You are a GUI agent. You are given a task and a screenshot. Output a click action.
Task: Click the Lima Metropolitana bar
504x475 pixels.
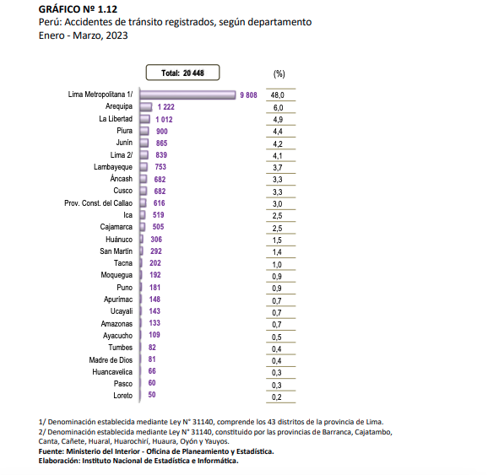187,94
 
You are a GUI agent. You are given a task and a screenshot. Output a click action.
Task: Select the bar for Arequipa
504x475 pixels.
146,107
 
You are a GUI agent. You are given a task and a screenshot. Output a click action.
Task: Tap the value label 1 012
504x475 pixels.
165,120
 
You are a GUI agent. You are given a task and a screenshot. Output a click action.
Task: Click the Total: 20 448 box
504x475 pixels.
182,73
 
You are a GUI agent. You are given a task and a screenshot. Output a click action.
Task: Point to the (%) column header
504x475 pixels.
279,74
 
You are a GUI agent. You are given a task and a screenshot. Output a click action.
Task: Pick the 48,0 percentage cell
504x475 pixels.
278,95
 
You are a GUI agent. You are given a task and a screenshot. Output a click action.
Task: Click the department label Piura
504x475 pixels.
125,131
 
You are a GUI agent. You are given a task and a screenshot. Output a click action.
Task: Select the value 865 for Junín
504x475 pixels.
162,143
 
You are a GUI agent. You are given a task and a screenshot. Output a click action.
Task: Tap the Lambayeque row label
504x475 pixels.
113,167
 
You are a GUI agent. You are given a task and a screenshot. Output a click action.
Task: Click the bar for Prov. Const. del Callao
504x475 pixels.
143,203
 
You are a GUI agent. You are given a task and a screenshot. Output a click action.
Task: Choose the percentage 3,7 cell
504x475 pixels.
278,168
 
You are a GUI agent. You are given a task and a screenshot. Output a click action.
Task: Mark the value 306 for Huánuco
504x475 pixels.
156,240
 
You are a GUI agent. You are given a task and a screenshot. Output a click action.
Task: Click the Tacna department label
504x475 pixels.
123,263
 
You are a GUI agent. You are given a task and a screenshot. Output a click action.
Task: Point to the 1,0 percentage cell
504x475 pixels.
277,265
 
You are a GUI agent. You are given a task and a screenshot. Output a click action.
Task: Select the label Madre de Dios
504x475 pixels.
111,359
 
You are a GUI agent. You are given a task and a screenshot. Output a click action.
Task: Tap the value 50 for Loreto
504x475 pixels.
152,395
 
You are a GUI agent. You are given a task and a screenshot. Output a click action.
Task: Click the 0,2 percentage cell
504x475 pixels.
277,397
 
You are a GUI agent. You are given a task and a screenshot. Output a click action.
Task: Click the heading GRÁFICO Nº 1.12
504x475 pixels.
78,9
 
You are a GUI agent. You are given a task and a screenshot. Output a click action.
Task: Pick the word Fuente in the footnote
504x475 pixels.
51,451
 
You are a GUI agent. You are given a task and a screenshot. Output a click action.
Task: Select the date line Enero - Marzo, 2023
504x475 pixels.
84,35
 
